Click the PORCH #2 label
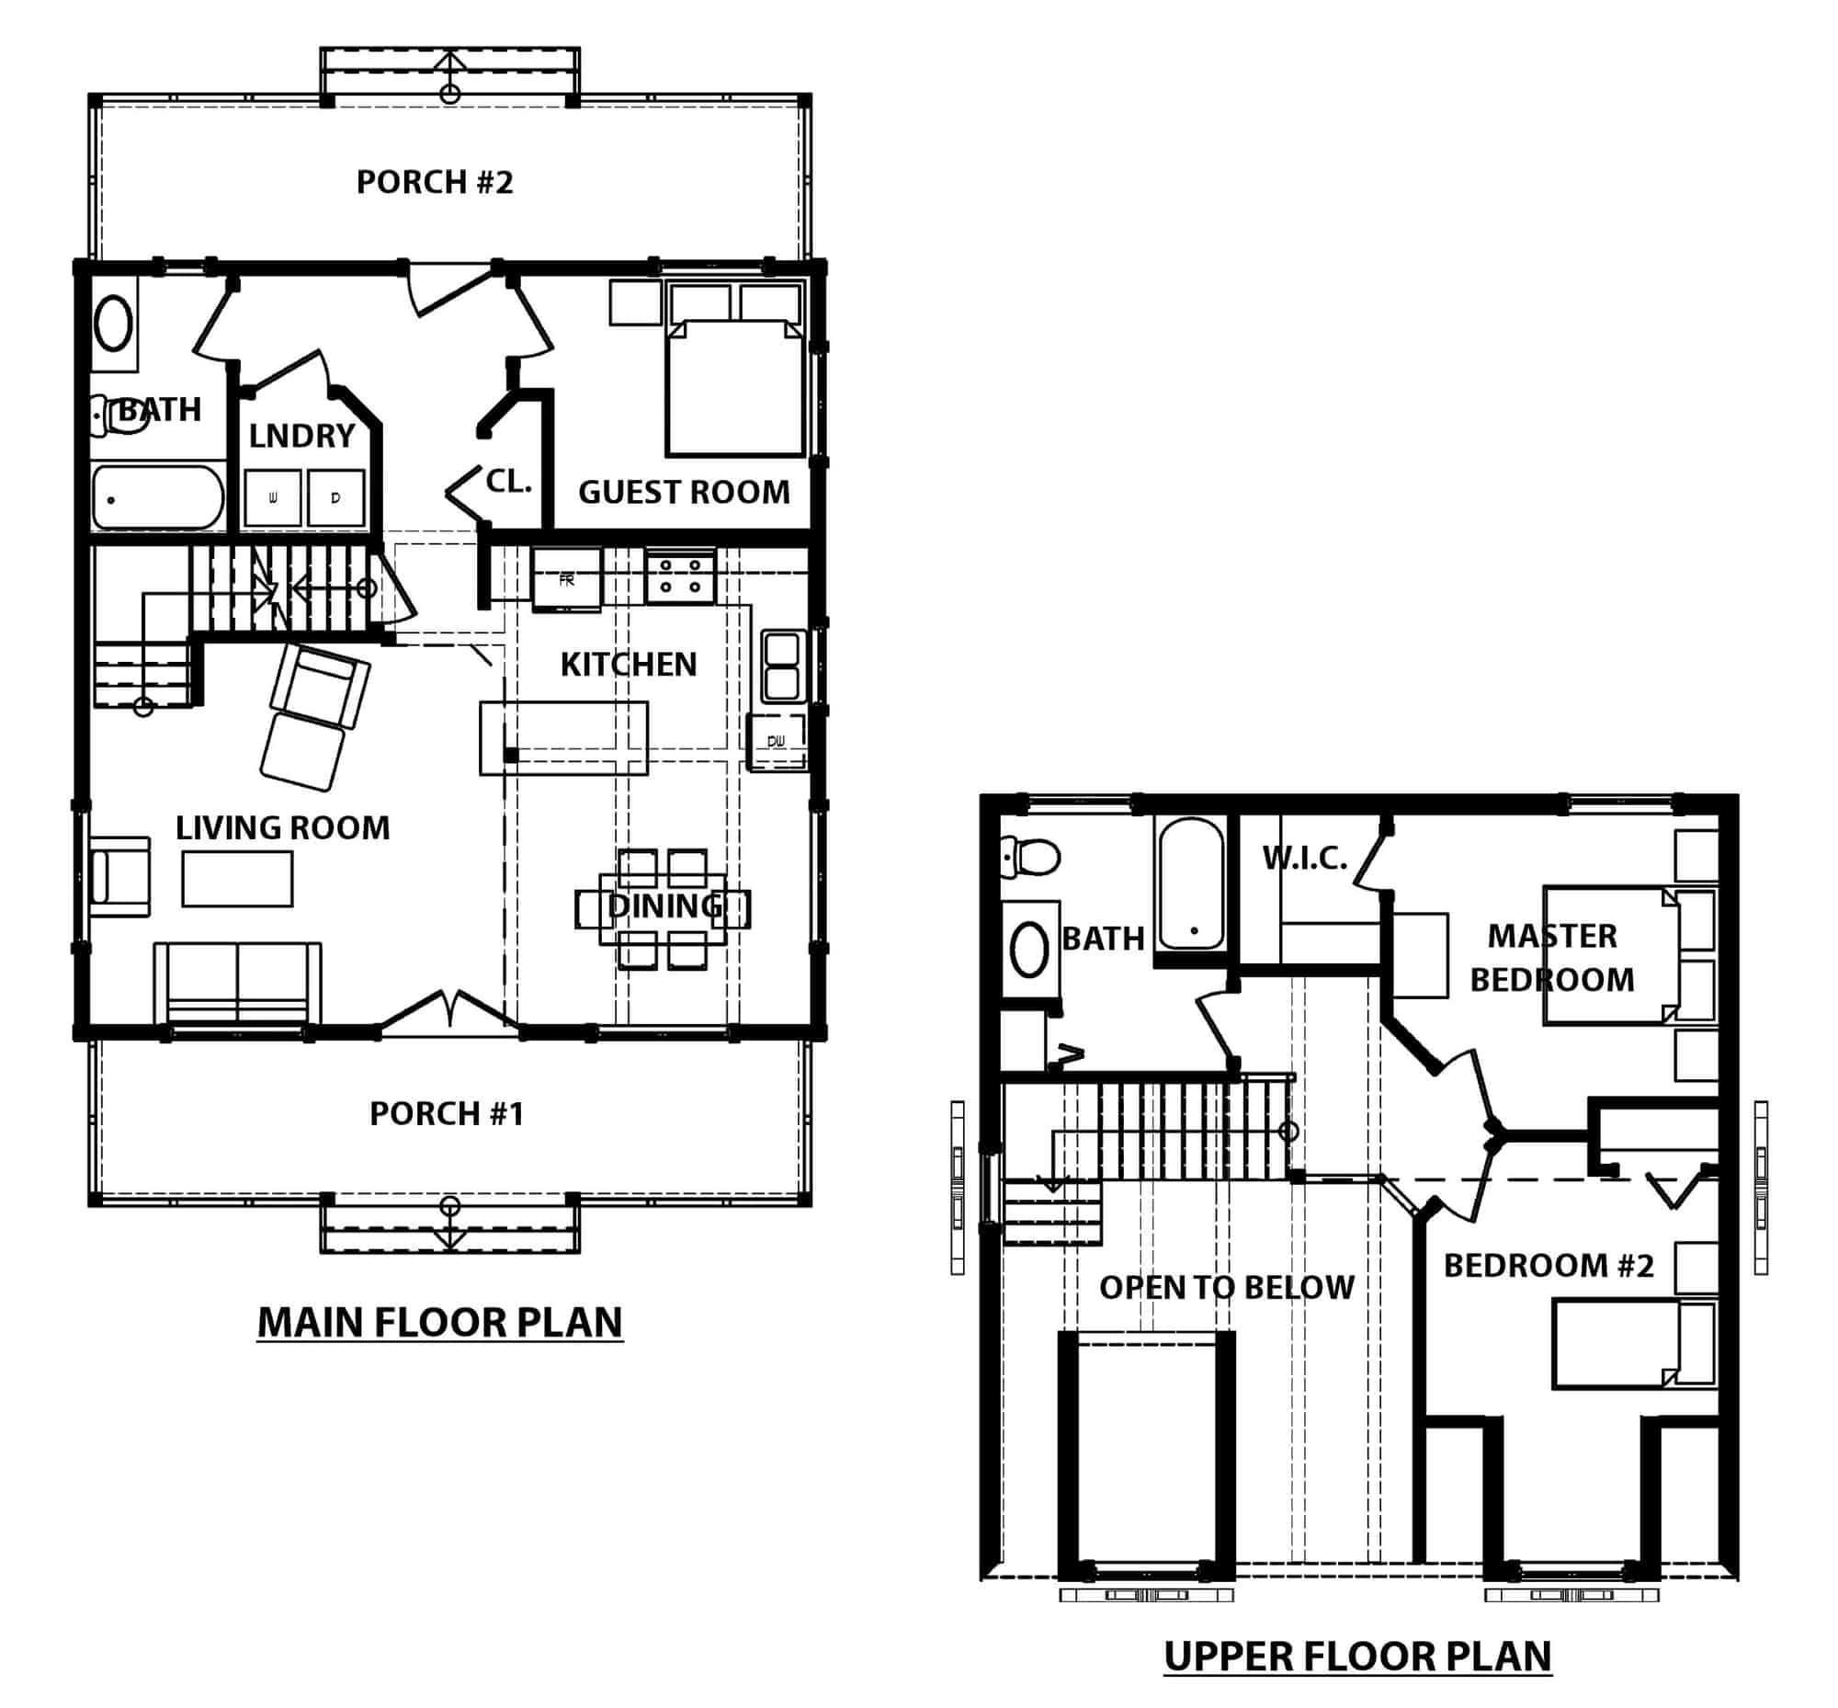tap(435, 182)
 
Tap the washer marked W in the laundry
tap(273, 498)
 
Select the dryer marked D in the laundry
tap(335, 498)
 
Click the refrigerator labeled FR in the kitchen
tap(566, 579)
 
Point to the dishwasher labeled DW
tap(777, 740)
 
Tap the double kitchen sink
tap(782, 666)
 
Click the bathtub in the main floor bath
tap(158, 497)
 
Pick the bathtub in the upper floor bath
tap(1191, 883)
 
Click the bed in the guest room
tap(734, 388)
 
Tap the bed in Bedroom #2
tap(1634, 1344)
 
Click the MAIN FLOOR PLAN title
tap(440, 1323)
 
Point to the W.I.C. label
tap(1305, 859)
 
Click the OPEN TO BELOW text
tap(1226, 1288)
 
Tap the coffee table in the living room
tap(237, 878)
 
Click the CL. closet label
tap(508, 481)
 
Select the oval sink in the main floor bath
tap(114, 323)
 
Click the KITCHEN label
tap(629, 665)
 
